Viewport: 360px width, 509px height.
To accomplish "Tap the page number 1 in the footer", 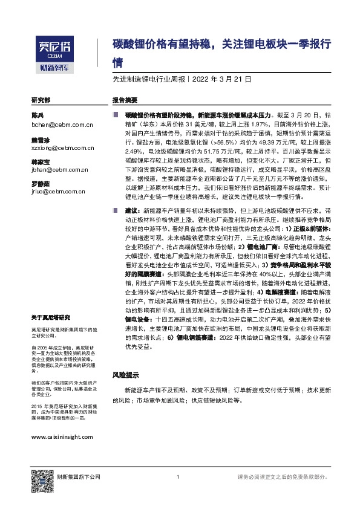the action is pos(178,477).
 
